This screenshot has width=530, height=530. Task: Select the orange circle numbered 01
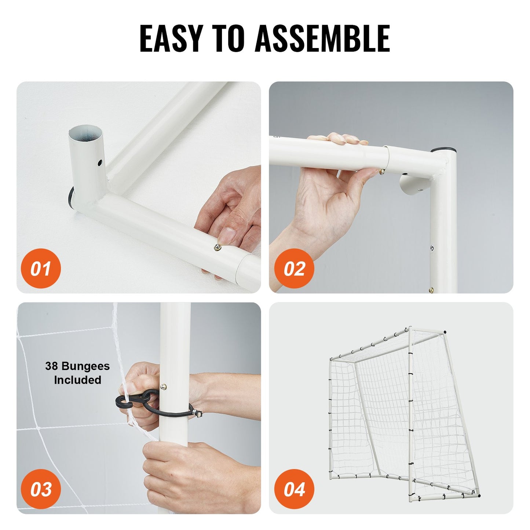point(41,268)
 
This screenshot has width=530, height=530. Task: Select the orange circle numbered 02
point(294,268)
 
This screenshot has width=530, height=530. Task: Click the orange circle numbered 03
point(41,489)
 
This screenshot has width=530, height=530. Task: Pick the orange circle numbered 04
point(294,489)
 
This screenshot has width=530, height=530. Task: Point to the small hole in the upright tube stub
point(99,162)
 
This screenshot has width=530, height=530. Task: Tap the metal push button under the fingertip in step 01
point(217,247)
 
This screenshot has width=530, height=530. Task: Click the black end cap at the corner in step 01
point(71,198)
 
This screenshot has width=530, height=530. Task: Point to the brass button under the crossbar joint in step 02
point(382,172)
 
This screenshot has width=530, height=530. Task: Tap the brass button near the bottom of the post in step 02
point(431,290)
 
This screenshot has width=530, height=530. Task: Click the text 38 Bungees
point(77,366)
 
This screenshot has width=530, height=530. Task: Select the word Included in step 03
point(77,380)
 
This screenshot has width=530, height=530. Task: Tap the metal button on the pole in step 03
point(164,387)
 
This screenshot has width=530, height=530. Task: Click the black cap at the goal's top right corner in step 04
point(445,333)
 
